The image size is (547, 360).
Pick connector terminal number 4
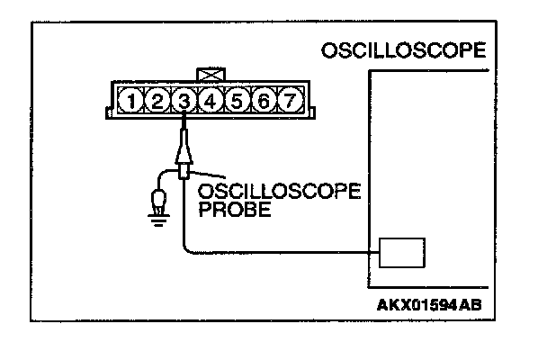click(x=210, y=101)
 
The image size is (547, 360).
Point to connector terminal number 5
click(x=237, y=101)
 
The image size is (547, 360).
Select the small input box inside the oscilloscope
click(x=402, y=253)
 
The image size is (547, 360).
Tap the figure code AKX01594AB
click(x=429, y=303)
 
